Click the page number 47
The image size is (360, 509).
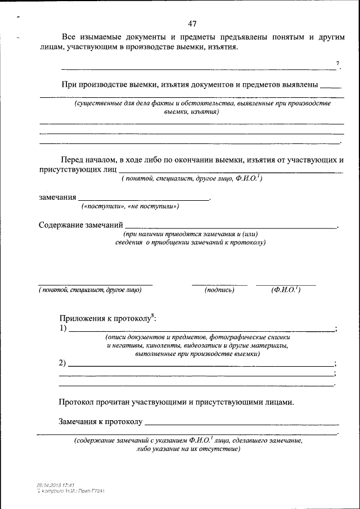(192, 24)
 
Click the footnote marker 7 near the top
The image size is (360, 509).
(337, 64)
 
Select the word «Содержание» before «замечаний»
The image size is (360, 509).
(60, 226)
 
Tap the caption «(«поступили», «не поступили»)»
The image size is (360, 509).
(130, 206)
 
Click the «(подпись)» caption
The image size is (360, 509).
(219, 290)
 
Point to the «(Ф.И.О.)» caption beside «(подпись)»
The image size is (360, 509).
(286, 290)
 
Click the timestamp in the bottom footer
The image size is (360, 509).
(56, 485)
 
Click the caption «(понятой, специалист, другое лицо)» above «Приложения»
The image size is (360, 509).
(90, 290)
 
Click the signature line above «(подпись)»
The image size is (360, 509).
(219, 285)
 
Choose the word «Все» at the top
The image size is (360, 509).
(69, 37)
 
